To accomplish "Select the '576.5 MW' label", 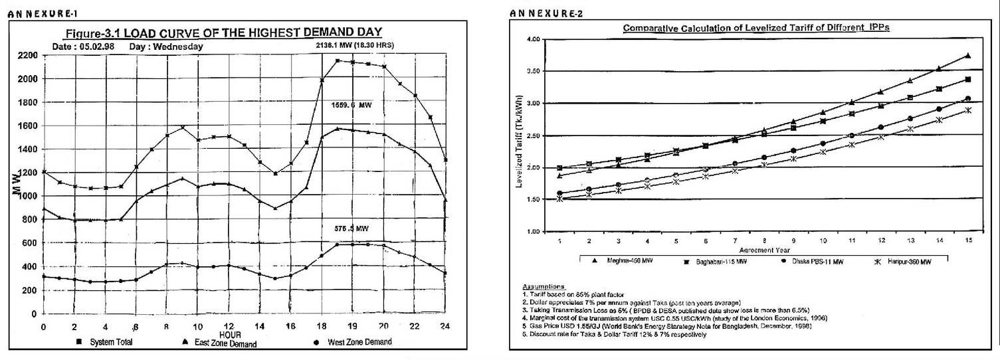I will (351, 228).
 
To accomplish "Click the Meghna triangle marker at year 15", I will (967, 56).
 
